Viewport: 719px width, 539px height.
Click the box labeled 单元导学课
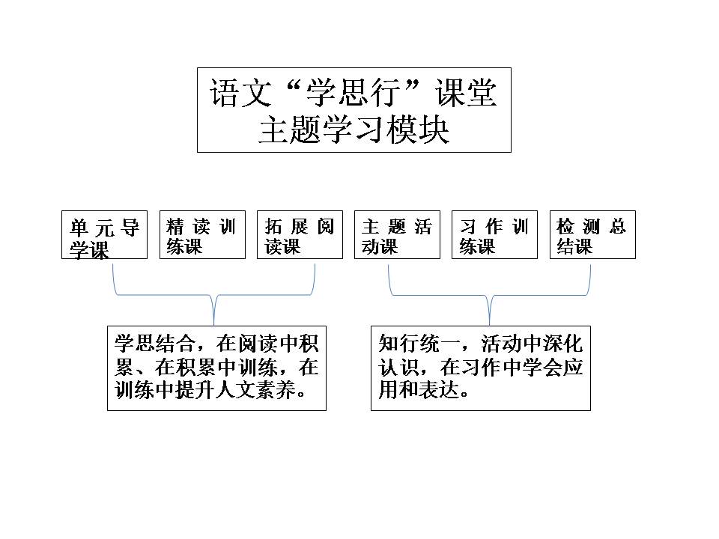click(105, 234)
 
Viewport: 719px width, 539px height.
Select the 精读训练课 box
click(202, 234)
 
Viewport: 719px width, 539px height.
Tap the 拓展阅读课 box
click(300, 234)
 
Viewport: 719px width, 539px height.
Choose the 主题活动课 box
click(397, 234)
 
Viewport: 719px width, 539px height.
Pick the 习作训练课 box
click(494, 234)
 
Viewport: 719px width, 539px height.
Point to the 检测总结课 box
click(592, 234)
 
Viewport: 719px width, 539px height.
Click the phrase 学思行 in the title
click(354, 93)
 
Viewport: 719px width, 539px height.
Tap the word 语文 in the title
click(240, 93)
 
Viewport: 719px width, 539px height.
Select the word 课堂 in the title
click(466, 93)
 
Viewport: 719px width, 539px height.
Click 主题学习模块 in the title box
click(354, 130)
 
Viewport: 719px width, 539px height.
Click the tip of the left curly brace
click(214, 324)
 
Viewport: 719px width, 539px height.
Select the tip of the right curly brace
click(490, 324)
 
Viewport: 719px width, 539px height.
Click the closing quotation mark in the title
click(416, 85)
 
